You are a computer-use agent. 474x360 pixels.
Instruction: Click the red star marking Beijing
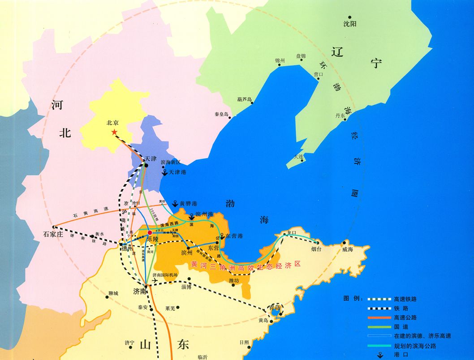(x=114, y=132)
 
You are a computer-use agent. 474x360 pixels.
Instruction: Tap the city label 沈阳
(x=350, y=24)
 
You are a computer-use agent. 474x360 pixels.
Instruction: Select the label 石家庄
(x=54, y=234)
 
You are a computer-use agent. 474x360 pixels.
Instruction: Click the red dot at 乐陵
(x=150, y=232)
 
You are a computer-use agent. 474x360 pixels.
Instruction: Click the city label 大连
(x=298, y=157)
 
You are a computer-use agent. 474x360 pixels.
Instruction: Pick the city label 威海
(x=347, y=249)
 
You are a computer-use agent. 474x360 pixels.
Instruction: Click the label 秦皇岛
(x=222, y=114)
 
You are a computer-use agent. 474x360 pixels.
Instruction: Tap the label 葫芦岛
(x=245, y=99)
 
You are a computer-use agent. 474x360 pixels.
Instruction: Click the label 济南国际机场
(x=165, y=274)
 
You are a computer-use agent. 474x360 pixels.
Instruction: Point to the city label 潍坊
(x=234, y=280)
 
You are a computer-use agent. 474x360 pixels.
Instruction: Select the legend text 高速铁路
(x=405, y=299)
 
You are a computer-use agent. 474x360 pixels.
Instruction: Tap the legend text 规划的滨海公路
(x=415, y=346)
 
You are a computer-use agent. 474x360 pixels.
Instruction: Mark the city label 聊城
(x=113, y=293)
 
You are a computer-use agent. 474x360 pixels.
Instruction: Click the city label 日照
(x=244, y=342)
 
